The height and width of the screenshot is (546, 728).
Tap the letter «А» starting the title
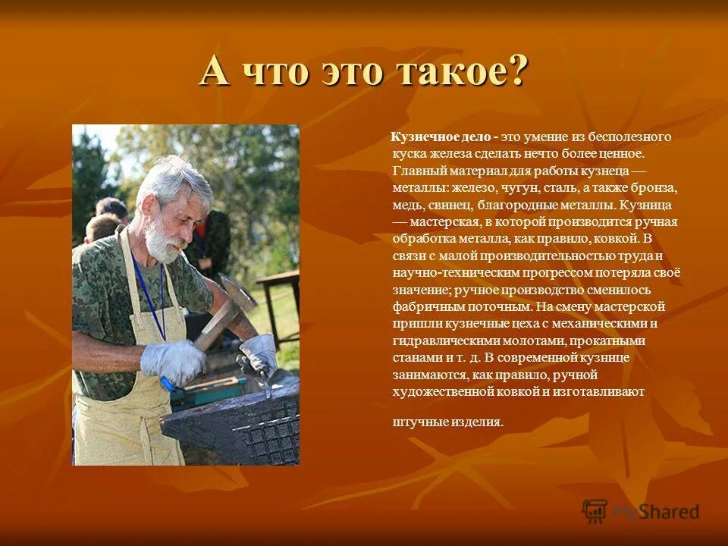coord(215,74)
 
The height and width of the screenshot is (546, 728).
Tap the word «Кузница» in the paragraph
coord(646,205)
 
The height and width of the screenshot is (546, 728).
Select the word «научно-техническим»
coord(444,272)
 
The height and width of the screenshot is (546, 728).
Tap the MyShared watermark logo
coord(641,512)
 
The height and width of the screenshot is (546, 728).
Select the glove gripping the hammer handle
coord(174,361)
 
